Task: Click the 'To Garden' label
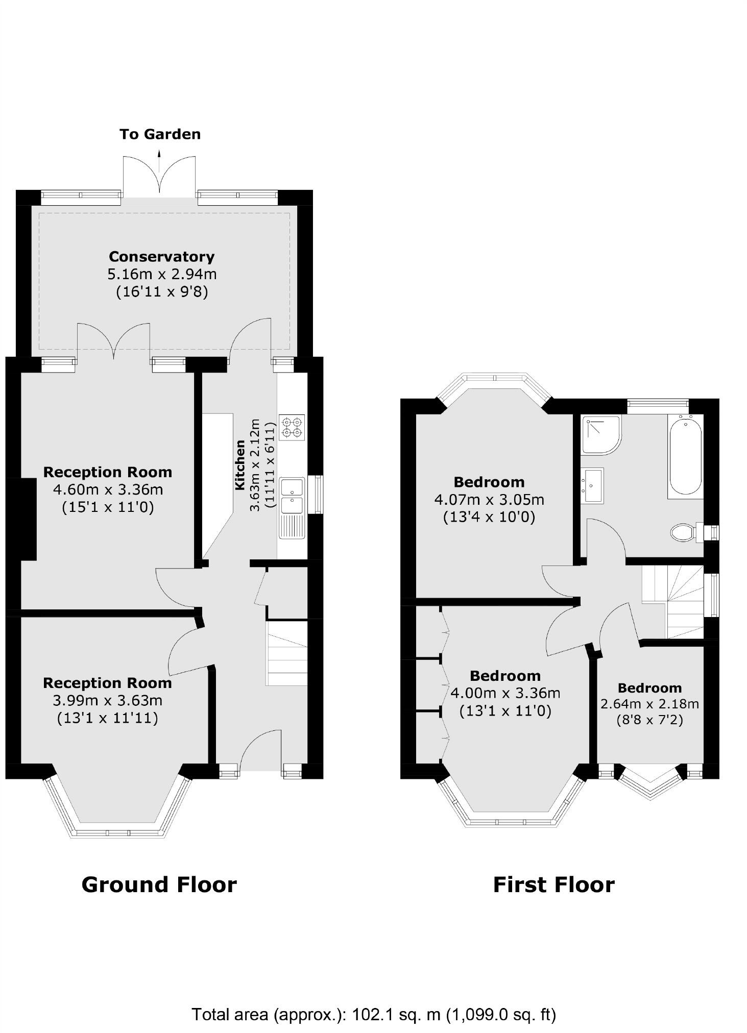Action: [x=160, y=134]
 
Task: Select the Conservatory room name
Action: [x=161, y=256]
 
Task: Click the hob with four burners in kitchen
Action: [x=292, y=427]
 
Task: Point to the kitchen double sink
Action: [x=292, y=496]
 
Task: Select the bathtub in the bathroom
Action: [x=685, y=456]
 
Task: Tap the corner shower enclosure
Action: [x=601, y=434]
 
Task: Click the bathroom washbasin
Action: [x=592, y=485]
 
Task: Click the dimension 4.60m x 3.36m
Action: [x=108, y=489]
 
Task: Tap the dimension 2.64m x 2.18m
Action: [x=649, y=704]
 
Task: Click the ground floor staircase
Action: [x=287, y=653]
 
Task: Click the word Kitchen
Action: [x=240, y=465]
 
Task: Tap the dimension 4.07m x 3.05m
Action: [x=489, y=499]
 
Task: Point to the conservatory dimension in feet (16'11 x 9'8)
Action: [x=162, y=292]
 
